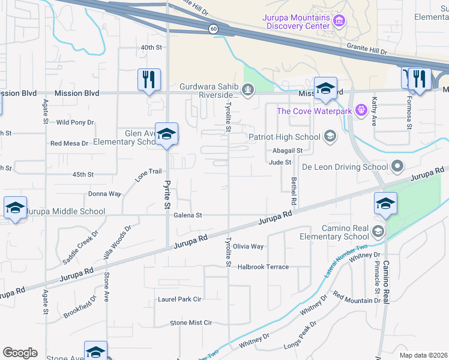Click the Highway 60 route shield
(213, 29)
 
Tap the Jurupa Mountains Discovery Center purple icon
(339, 22)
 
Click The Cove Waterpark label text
(313, 110)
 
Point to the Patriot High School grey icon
(330, 137)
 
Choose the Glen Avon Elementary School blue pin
(166, 134)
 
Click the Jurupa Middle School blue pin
(15, 208)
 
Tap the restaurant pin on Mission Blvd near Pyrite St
(148, 80)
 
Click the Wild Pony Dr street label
(75, 122)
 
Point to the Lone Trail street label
(149, 175)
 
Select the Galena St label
(188, 215)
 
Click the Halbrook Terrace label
(263, 266)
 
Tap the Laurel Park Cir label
(179, 299)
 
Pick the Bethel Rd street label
(294, 190)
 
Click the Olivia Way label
(249, 247)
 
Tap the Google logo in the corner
(20, 353)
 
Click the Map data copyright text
(423, 355)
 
